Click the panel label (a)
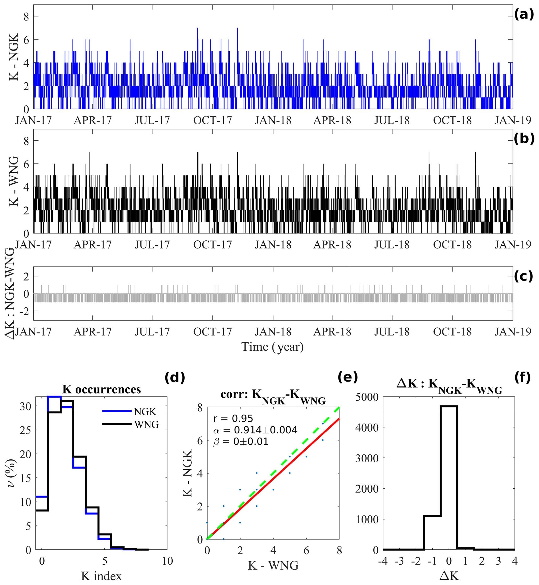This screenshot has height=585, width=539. [524, 14]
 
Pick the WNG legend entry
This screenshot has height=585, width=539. [146, 425]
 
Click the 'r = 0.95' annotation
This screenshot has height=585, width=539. [233, 418]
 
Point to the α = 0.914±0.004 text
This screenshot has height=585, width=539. [255, 430]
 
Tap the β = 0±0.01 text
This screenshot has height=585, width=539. [241, 441]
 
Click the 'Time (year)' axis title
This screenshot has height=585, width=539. [272, 347]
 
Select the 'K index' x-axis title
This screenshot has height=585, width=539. [101, 576]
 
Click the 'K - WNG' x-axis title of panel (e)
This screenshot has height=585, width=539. [273, 565]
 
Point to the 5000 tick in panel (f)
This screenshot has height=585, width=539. [367, 397]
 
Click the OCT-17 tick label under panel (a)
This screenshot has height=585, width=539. [212, 120]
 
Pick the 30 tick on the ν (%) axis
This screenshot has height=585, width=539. [25, 406]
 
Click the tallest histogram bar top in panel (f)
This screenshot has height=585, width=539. [449, 406]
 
